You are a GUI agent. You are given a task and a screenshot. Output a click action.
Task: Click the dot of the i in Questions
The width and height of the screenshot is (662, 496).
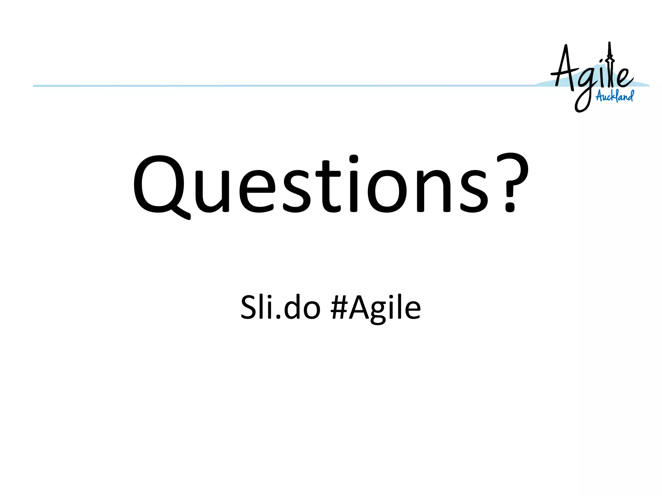354,160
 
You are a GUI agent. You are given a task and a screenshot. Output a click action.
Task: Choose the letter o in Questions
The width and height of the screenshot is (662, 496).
387,191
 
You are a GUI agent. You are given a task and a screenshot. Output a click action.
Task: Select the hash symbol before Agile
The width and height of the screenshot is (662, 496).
339,307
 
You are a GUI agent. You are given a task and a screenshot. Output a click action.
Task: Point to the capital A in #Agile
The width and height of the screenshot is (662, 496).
361,307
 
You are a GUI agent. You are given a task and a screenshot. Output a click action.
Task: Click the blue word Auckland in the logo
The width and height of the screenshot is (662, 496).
614,96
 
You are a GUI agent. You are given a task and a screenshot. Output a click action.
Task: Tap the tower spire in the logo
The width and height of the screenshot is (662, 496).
609,52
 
